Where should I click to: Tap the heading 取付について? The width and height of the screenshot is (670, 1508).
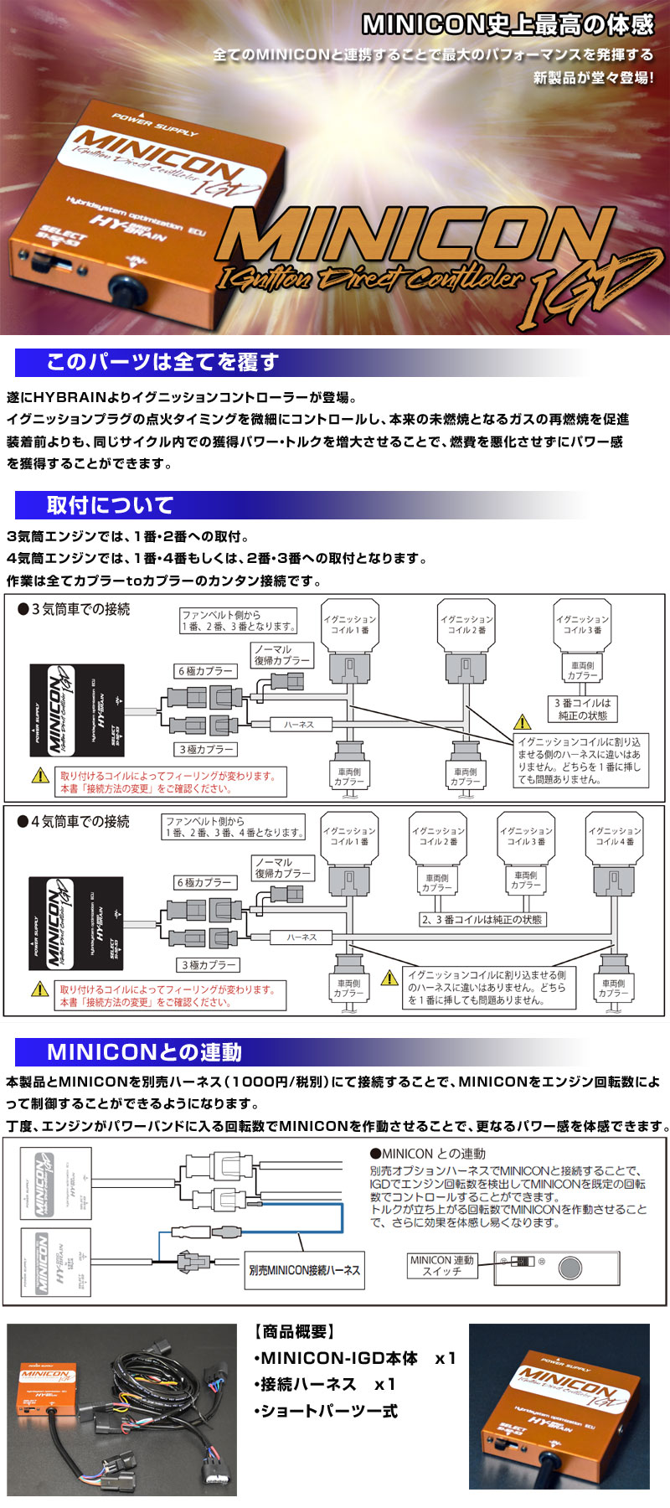pos(110,505)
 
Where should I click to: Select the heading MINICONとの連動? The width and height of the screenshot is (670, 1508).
pos(144,1052)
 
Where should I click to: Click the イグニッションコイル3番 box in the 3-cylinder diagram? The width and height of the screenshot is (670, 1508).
pos(582,624)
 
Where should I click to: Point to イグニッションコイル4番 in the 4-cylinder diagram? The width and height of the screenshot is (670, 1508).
pos(614,835)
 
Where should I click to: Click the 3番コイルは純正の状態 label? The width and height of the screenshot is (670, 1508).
pos(583,710)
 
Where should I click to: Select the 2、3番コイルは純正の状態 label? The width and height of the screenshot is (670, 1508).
pos(482,919)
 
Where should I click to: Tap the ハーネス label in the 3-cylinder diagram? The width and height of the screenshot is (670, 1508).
pos(298,725)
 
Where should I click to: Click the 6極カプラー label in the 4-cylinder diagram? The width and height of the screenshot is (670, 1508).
pos(204,883)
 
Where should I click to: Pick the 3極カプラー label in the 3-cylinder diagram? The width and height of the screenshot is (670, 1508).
pos(206,750)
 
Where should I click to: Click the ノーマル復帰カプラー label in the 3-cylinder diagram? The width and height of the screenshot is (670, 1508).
pos(281,654)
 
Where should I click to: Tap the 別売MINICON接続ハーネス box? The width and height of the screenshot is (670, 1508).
pos(305,1270)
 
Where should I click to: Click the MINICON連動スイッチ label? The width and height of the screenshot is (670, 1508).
pos(441,1265)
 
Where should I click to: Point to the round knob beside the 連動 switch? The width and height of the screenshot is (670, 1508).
pos(570,1267)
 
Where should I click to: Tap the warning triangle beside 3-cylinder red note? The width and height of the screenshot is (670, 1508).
pos(40,776)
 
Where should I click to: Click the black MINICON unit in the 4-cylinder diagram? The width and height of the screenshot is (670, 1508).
pos(76,923)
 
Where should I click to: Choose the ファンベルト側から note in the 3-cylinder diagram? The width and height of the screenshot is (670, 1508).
pos(239,620)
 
